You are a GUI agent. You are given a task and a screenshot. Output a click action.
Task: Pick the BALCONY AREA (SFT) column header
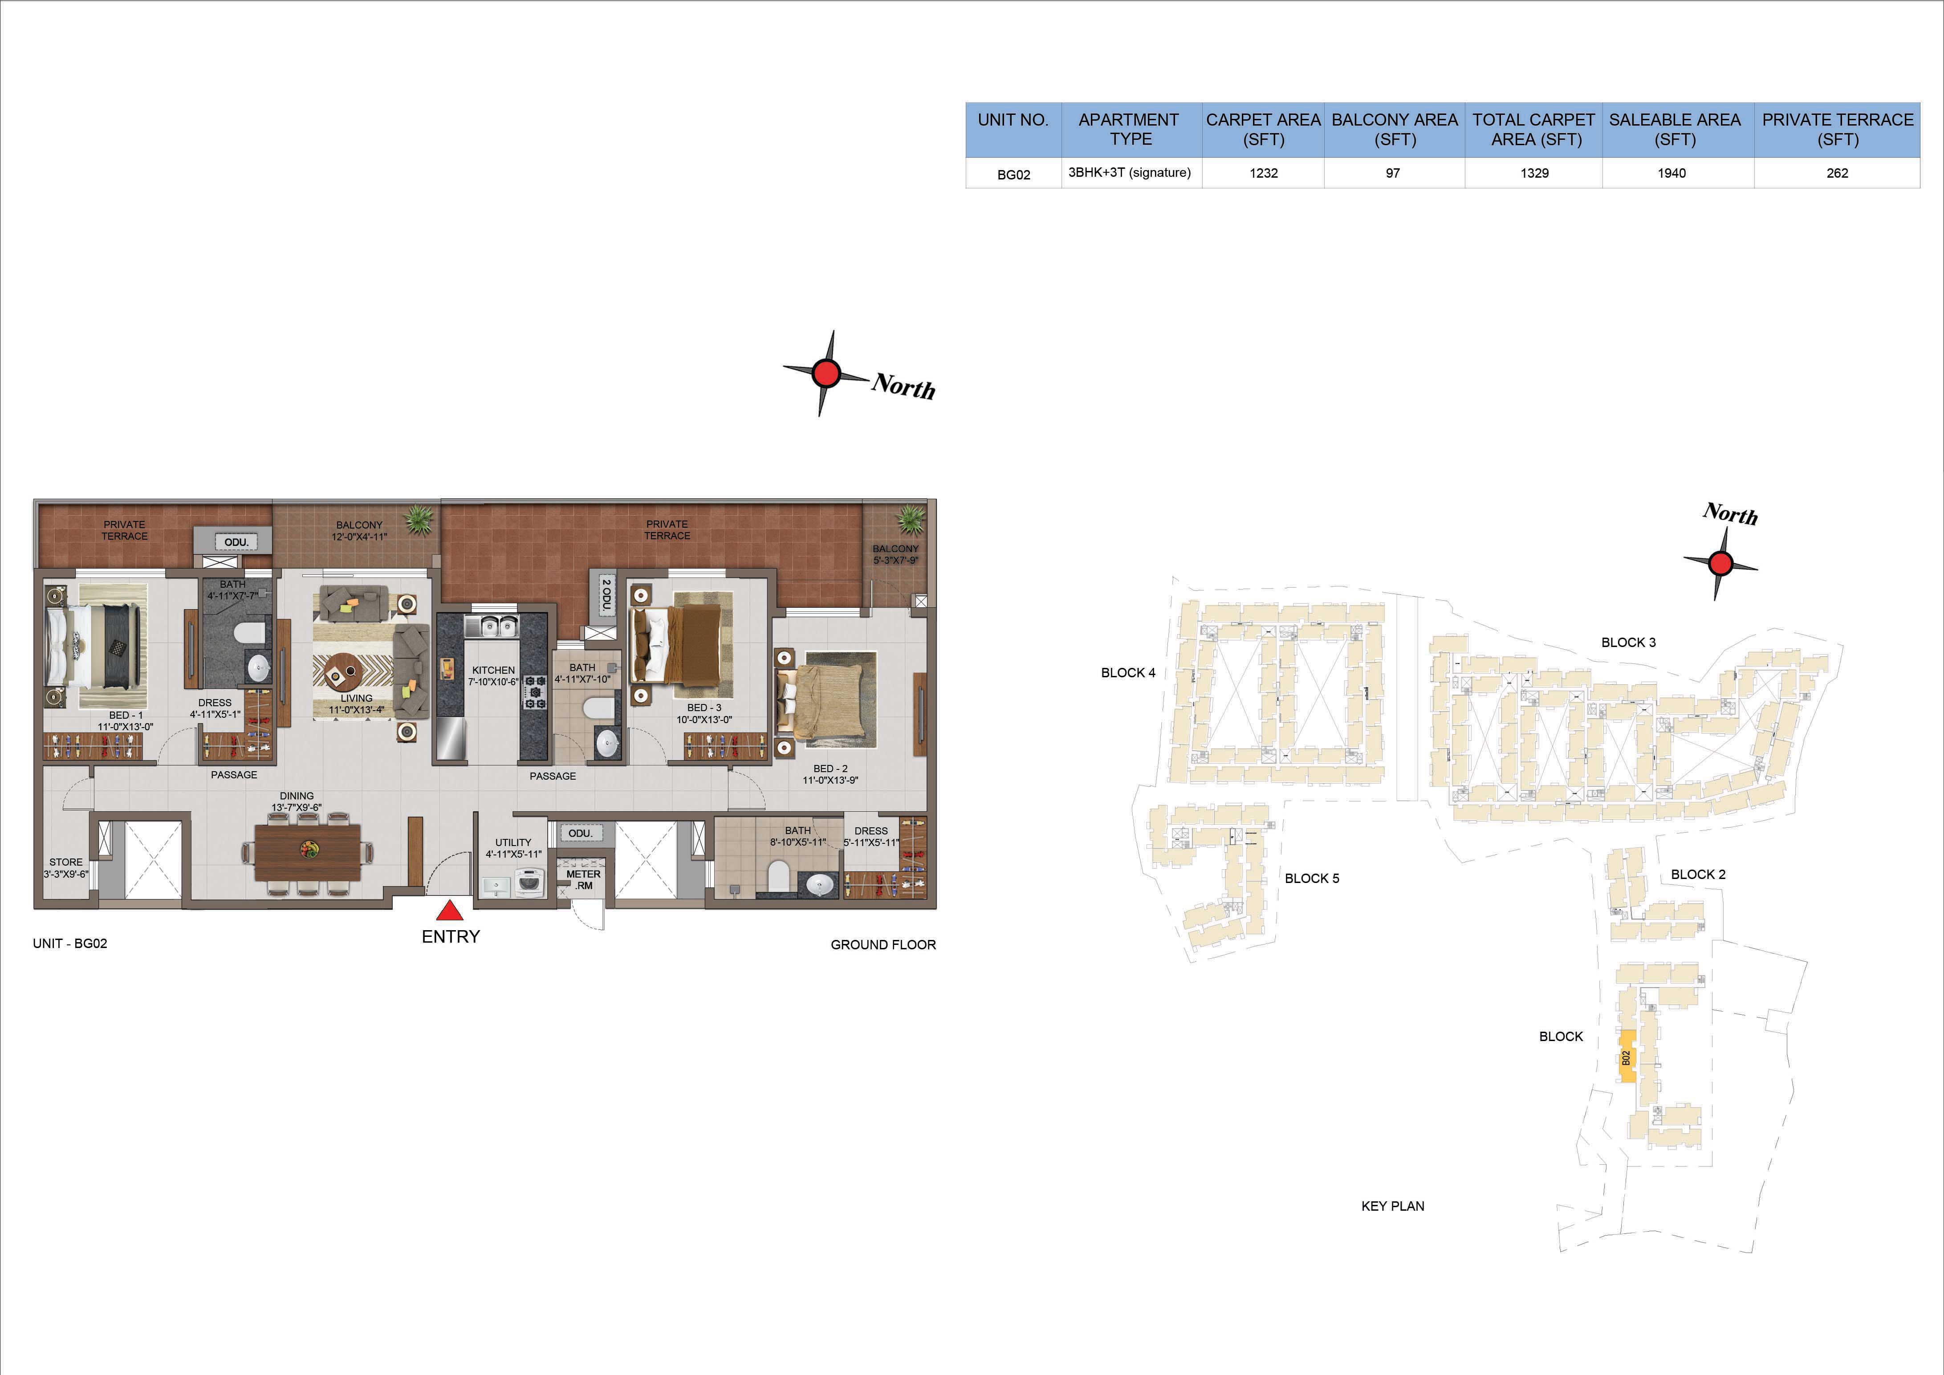[1395, 130]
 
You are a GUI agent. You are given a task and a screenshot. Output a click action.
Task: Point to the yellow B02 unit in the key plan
[1627, 1057]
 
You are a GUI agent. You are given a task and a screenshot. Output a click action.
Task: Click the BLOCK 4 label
[1128, 673]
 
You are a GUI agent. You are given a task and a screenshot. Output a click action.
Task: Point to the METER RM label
[583, 880]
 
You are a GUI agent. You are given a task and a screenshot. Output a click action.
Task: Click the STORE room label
[66, 862]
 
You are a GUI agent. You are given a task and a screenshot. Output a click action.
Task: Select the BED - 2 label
[830, 769]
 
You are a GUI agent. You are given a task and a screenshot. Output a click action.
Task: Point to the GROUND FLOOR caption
[883, 945]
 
